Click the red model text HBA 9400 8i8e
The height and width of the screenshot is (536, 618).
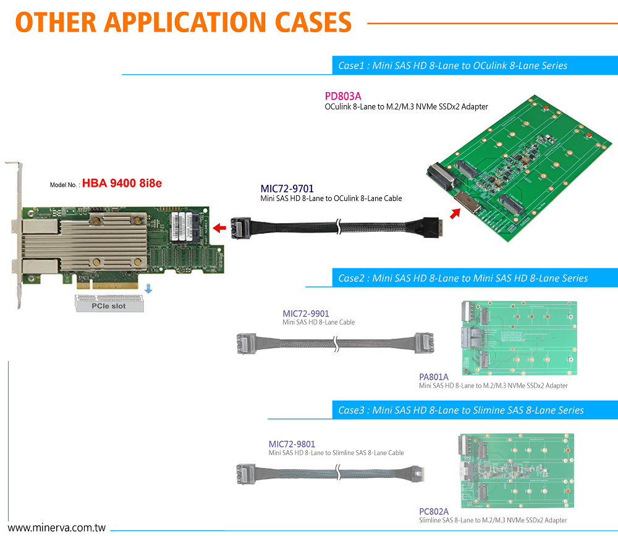tap(122, 183)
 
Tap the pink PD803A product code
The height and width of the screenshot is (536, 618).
tap(343, 96)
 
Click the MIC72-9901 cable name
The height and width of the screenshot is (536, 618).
tap(306, 313)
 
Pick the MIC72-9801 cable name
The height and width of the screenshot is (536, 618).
tap(292, 444)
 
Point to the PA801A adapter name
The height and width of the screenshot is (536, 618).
tap(434, 376)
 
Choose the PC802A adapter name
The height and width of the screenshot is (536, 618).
tap(434, 511)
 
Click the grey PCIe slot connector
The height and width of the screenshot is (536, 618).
tap(110, 303)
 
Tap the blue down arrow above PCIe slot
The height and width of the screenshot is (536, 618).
tap(148, 289)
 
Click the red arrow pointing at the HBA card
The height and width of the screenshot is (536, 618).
tap(219, 229)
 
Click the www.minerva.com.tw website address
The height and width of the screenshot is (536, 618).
tap(57, 529)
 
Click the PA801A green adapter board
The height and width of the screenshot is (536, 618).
tap(519, 338)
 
